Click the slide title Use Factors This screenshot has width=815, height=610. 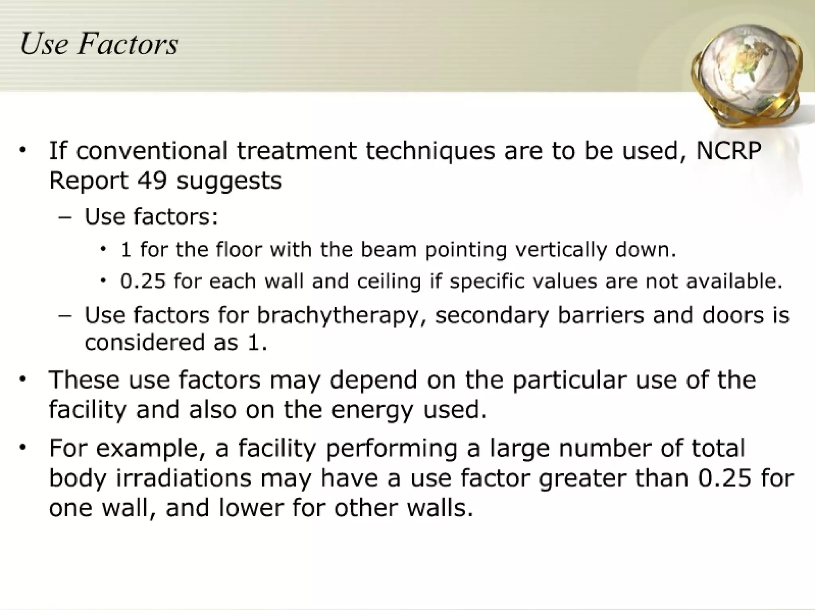(x=99, y=44)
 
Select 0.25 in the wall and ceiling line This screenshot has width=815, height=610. (x=143, y=281)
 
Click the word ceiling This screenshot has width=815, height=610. (x=389, y=281)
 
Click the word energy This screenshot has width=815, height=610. (x=372, y=410)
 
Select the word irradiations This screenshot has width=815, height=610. (x=184, y=478)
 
